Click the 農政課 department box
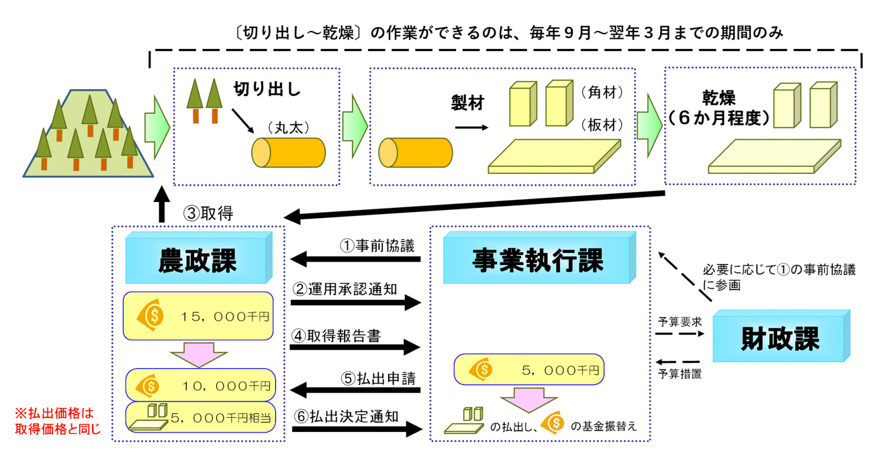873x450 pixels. [199, 258]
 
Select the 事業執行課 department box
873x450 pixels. [539, 258]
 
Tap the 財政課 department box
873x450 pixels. [781, 336]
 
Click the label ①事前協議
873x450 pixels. [377, 246]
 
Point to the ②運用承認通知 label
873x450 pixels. [345, 289]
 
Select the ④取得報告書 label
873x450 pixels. [336, 336]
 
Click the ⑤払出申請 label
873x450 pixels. [379, 378]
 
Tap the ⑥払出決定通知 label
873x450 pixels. [346, 416]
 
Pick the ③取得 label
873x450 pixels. [208, 213]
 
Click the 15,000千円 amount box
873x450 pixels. [198, 316]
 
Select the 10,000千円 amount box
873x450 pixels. [200, 385]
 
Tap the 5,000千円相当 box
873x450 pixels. [200, 417]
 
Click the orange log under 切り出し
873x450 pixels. [288, 153]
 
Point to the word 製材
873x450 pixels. [467, 103]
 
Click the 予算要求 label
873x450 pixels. [680, 322]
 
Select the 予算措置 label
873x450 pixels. [680, 374]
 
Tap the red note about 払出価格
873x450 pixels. [58, 420]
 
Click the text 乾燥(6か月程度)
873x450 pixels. [719, 108]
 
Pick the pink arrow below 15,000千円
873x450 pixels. [199, 355]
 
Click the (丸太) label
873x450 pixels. [288, 127]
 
